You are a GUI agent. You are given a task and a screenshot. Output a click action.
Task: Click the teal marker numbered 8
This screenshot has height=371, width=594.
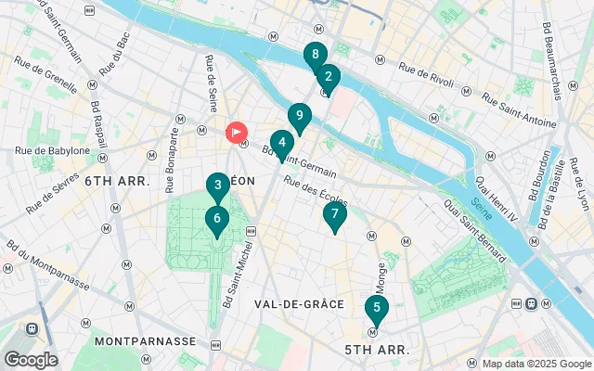coord(316,55)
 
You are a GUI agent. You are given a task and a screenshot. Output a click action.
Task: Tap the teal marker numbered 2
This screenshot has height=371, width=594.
coord(328,78)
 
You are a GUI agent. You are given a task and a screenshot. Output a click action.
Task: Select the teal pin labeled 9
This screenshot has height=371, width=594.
coord(298,116)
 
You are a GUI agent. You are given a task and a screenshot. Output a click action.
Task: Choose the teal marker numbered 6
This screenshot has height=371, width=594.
coord(216,220)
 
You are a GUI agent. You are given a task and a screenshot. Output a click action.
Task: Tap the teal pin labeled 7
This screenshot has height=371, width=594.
coord(334,214)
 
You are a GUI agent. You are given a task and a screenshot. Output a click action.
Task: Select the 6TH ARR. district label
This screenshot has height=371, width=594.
coord(117,181)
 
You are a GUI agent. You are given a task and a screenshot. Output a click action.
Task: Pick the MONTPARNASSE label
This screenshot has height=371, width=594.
coord(145,341)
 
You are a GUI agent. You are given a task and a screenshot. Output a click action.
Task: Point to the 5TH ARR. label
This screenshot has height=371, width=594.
coord(377,350)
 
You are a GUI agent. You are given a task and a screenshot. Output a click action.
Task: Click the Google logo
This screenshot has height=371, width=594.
coord(30,360)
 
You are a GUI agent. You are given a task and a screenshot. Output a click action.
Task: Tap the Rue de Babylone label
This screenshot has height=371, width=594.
coord(52,150)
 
